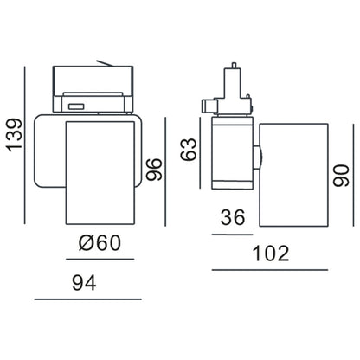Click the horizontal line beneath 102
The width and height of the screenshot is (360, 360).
pos(270,271)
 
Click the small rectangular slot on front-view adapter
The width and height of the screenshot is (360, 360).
pos(75,106)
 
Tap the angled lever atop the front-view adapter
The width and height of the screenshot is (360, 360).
pos(106,63)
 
